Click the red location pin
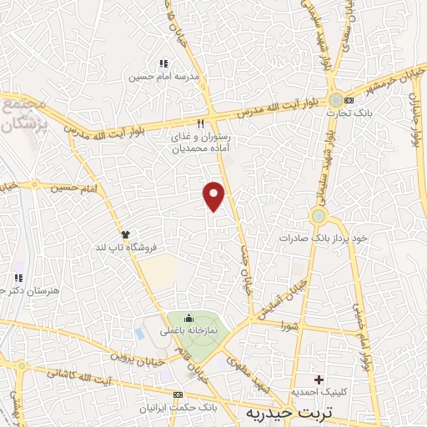[214, 195]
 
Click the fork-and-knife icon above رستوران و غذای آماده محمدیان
[200, 123]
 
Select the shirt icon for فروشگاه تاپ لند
[126, 234]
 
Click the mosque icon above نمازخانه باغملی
[188, 317]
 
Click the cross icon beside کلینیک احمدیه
[317, 379]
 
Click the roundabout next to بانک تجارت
[336, 100]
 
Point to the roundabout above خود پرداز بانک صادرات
[319, 217]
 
